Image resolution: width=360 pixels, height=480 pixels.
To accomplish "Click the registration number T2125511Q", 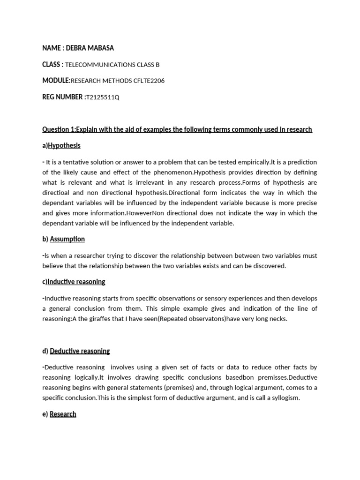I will [103, 97].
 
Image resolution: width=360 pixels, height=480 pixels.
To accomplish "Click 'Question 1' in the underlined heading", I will [58, 129].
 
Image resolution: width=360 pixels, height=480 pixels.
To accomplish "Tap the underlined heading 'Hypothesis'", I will [64, 146].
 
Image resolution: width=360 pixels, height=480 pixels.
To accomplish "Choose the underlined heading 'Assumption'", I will [67, 239].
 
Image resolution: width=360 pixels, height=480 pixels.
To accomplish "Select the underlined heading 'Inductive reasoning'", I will [76, 282].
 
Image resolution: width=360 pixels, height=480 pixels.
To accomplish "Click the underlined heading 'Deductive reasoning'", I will [80, 351].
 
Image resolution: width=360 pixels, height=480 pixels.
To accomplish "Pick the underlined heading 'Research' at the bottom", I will [63, 414].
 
